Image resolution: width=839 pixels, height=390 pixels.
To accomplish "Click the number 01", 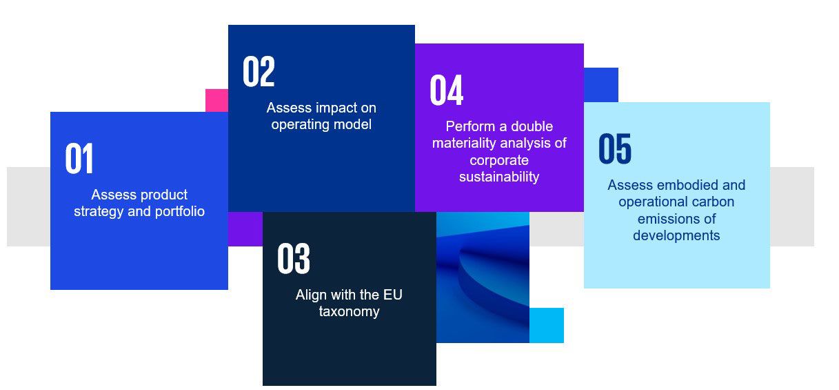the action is point(79,158).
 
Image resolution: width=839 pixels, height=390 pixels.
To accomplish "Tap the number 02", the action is point(259,71).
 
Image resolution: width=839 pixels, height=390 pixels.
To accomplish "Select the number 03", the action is point(294,258).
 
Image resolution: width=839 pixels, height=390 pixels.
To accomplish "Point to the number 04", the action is point(447,90).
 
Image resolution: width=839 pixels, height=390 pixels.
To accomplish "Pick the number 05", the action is point(615,148).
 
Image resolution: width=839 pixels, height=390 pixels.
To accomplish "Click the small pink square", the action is point(217,101).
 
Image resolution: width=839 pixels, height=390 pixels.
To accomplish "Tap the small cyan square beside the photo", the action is point(547,325).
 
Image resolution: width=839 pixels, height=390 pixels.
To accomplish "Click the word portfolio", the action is point(180,212).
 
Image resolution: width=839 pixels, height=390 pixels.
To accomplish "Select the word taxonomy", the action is point(349,312).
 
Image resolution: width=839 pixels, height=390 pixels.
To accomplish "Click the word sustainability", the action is point(499,177).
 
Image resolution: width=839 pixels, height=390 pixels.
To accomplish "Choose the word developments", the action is point(676,236).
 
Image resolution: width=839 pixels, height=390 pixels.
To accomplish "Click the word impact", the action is point(338,108).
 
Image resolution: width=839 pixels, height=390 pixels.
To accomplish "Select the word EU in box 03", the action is point(392,295).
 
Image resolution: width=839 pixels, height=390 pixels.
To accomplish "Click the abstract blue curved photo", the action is point(483,277).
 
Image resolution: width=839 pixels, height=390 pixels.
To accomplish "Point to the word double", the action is point(532,126).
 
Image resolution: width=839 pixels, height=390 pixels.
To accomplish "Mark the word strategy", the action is point(99,212).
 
